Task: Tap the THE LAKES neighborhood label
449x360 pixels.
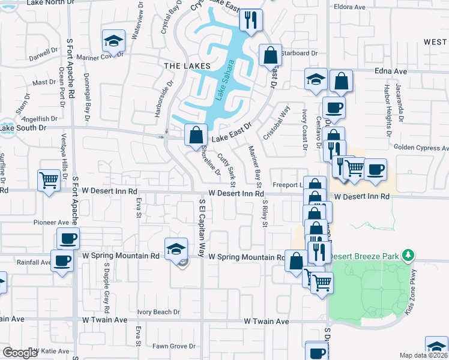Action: point(187,65)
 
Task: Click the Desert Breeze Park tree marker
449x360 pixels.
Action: point(408,256)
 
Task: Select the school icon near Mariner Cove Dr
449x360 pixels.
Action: point(113,41)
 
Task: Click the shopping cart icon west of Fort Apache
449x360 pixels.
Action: point(49,179)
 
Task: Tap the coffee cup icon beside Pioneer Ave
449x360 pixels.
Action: point(68,239)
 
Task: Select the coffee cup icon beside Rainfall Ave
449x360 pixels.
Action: point(62,261)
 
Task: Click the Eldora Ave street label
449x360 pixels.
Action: point(351,8)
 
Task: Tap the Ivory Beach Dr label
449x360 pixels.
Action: point(158,312)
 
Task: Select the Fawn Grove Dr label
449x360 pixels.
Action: point(174,346)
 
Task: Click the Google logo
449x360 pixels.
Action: point(19,353)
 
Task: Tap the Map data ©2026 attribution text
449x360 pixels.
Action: point(423,355)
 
